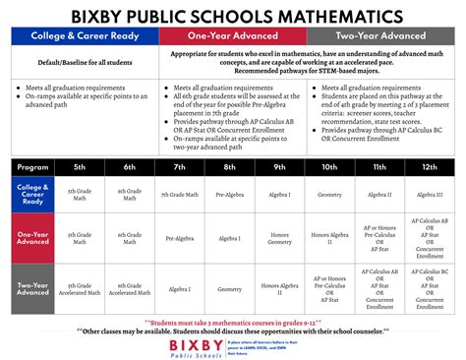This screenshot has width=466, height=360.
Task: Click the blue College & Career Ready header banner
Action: point(85,36)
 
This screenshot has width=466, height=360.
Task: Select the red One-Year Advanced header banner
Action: point(234,36)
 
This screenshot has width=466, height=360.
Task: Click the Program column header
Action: point(32,166)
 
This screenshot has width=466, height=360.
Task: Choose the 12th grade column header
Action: point(429,166)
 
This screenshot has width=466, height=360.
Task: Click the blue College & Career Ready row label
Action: point(32,194)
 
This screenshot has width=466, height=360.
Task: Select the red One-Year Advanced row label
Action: point(32,239)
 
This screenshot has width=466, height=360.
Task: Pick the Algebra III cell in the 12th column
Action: point(429,195)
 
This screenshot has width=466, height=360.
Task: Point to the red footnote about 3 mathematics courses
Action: point(233,320)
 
